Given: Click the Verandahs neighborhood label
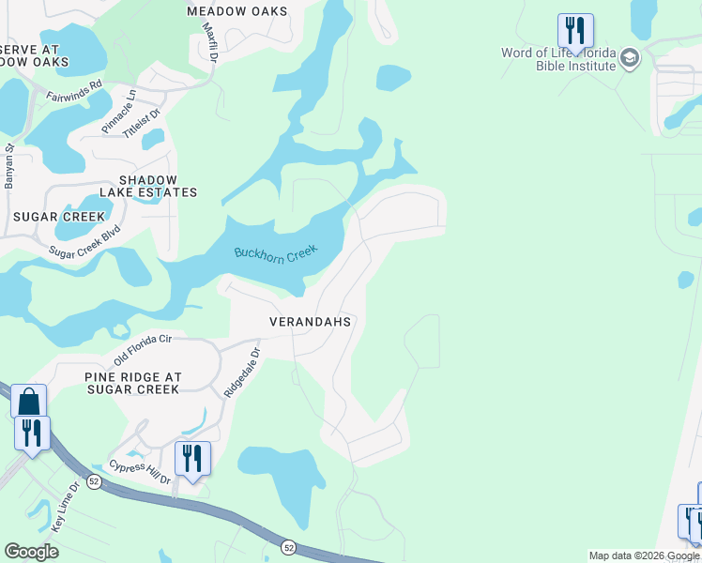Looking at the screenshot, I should pos(310,322).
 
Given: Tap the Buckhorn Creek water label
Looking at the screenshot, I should pos(276,253).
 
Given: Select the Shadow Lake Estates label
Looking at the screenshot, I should pos(158,186).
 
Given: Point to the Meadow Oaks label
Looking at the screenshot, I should pos(237,11).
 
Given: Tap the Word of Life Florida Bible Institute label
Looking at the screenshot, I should pos(558,59).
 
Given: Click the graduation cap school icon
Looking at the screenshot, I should pos(629,59).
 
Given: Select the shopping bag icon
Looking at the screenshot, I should pos(28,402).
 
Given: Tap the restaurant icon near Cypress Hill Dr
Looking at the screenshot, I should pos(192,458).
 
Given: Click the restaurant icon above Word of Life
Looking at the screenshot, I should pos(574,30).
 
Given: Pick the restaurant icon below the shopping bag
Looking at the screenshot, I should pos(32,433).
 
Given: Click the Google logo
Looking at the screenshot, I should pos(31,552).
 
